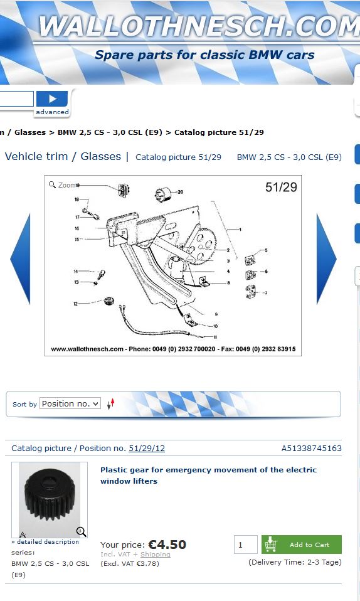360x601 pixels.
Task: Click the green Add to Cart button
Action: click(x=301, y=545)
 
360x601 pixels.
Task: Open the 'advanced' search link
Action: click(x=52, y=112)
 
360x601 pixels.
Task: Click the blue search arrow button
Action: click(x=52, y=99)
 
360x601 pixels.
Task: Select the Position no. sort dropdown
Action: click(x=70, y=403)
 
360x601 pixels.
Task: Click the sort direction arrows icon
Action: click(x=111, y=403)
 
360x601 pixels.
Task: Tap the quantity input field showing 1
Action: click(x=245, y=545)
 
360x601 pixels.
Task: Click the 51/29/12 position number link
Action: click(x=147, y=448)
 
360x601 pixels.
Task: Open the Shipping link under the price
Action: click(x=156, y=554)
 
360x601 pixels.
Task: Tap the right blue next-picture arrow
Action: click(x=326, y=259)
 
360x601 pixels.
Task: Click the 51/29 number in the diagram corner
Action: click(x=281, y=187)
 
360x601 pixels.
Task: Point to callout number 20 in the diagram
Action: click(x=180, y=191)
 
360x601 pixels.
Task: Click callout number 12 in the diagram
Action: click(x=75, y=304)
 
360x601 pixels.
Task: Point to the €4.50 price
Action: click(x=167, y=545)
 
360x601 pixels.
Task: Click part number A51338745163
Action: click(x=311, y=448)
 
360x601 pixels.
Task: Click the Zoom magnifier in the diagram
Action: click(x=53, y=184)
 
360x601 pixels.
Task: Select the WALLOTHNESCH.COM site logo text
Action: click(x=199, y=26)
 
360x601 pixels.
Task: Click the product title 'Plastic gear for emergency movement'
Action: click(x=209, y=476)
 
